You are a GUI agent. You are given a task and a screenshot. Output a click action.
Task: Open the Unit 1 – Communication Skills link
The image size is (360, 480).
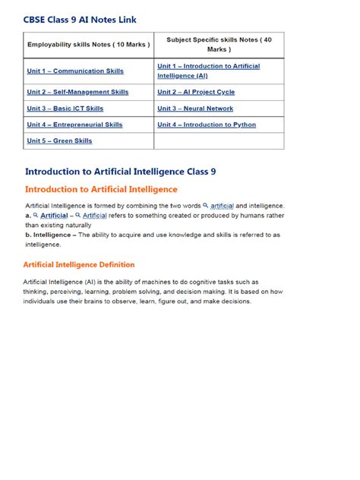click(75, 71)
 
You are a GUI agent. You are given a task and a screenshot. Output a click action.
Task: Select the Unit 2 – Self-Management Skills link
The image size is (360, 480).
click(77, 92)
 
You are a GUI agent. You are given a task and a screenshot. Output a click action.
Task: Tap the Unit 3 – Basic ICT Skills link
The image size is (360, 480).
click(65, 109)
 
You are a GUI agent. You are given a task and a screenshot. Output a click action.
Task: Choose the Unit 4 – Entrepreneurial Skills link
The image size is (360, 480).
click(74, 125)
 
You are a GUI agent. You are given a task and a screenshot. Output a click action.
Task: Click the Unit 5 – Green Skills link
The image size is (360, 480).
click(59, 141)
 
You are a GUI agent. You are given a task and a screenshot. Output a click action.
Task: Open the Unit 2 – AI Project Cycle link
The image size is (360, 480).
click(196, 92)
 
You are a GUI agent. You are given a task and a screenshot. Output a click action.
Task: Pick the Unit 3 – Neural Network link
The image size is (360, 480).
click(195, 109)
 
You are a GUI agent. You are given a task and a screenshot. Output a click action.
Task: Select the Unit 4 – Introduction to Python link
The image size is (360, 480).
click(207, 125)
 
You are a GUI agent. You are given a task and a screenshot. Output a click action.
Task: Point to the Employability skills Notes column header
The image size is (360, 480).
click(89, 44)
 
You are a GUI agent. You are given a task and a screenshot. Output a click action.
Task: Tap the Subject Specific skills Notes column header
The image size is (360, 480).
click(219, 44)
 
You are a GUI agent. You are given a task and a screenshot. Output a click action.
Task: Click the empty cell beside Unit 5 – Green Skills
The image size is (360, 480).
click(219, 141)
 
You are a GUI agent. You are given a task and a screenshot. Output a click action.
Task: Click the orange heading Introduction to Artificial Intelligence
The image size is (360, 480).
click(101, 189)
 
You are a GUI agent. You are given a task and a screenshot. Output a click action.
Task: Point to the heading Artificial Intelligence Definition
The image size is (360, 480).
click(80, 264)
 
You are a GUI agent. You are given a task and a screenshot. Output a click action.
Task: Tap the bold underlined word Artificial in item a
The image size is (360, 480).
click(54, 216)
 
